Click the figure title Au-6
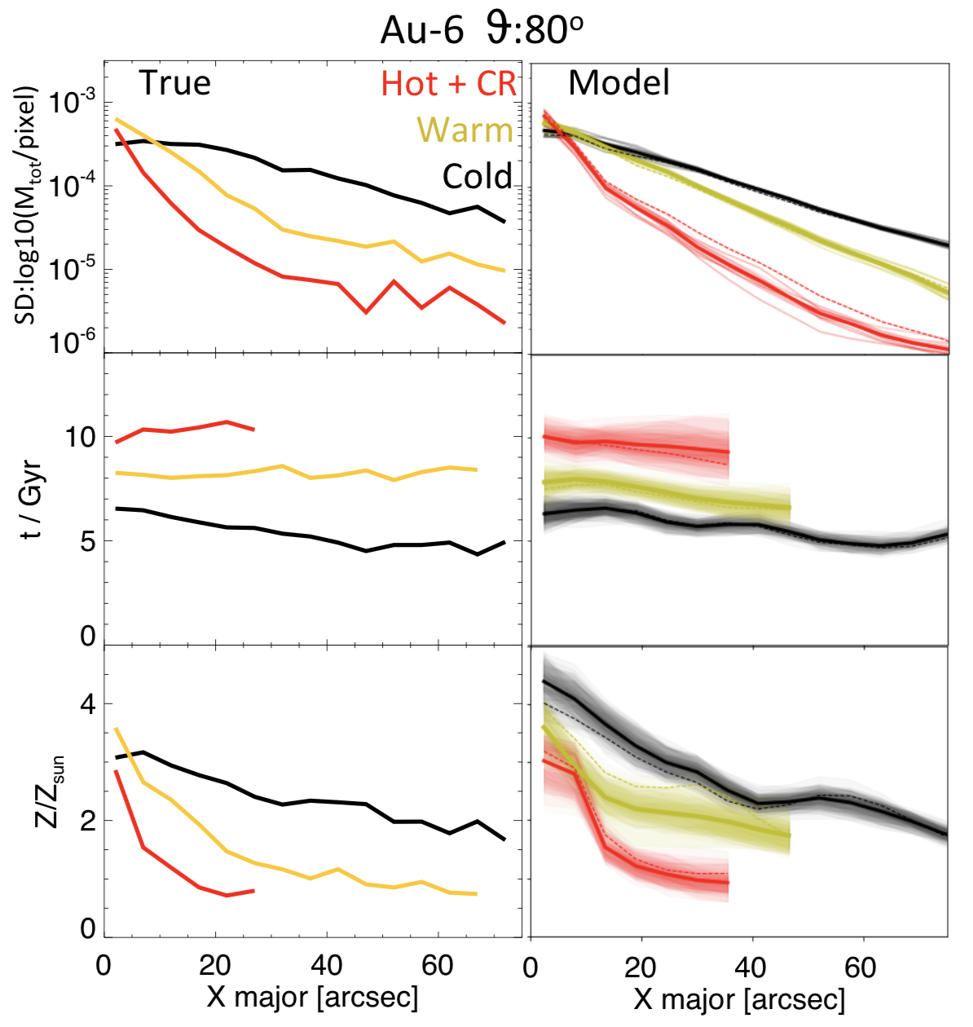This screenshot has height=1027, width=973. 421,31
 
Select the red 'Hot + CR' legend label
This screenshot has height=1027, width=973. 449,84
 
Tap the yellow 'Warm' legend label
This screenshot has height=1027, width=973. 464,130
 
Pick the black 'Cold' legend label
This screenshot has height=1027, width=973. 478,177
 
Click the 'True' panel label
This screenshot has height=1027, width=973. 174,83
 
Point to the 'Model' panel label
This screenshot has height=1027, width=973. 619,83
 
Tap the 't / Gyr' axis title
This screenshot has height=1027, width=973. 31,492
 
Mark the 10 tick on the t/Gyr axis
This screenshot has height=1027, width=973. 79,437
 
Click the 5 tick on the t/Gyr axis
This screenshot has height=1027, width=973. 87,541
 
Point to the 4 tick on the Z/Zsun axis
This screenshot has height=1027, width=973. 87,704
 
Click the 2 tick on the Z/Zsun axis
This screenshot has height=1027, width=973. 87,820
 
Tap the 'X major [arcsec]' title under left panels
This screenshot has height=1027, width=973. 312,996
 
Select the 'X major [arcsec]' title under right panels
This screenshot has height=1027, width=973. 739,998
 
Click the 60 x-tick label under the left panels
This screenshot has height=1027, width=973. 438,966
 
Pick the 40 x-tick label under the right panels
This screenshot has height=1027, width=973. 750,968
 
